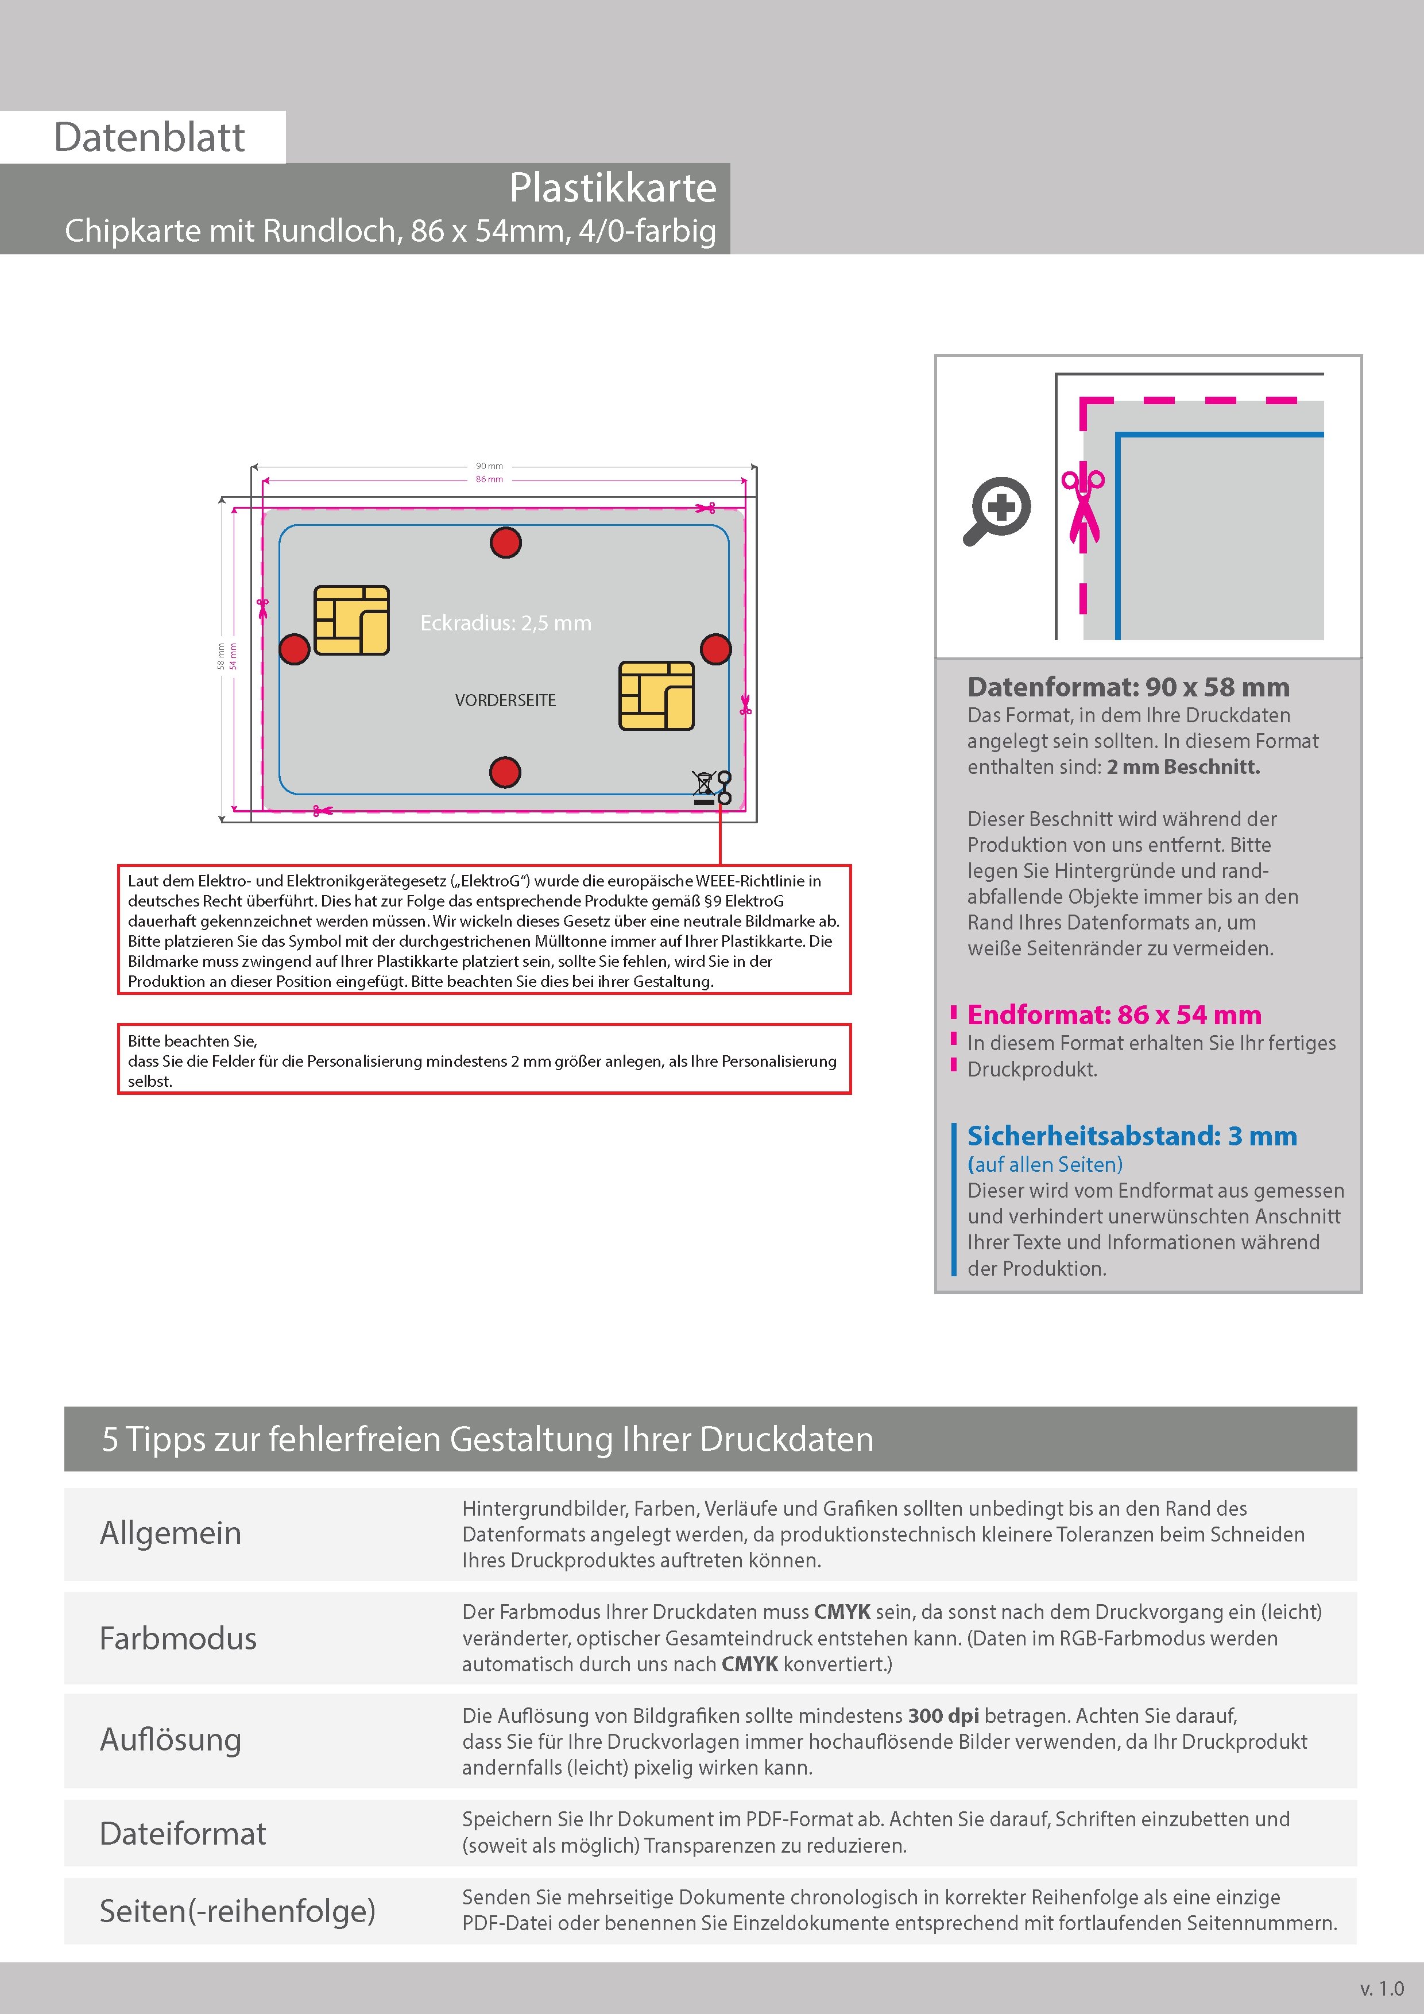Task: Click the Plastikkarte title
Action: (613, 188)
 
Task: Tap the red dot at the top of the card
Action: (505, 543)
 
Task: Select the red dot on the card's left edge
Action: (294, 649)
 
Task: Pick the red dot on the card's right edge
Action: (716, 649)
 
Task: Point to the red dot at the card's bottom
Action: (505, 773)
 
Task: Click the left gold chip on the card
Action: (351, 620)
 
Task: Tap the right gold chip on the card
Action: (656, 696)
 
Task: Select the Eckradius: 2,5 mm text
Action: (505, 623)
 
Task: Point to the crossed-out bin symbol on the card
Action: (705, 787)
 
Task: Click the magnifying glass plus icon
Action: (999, 510)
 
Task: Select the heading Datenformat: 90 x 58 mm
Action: (1128, 687)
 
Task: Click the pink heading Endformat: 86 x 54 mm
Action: (1115, 1015)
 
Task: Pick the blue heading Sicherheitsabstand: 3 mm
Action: (1132, 1136)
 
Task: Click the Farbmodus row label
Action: (178, 1639)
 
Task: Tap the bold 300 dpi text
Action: (943, 1716)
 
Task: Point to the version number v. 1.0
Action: (1382, 1989)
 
